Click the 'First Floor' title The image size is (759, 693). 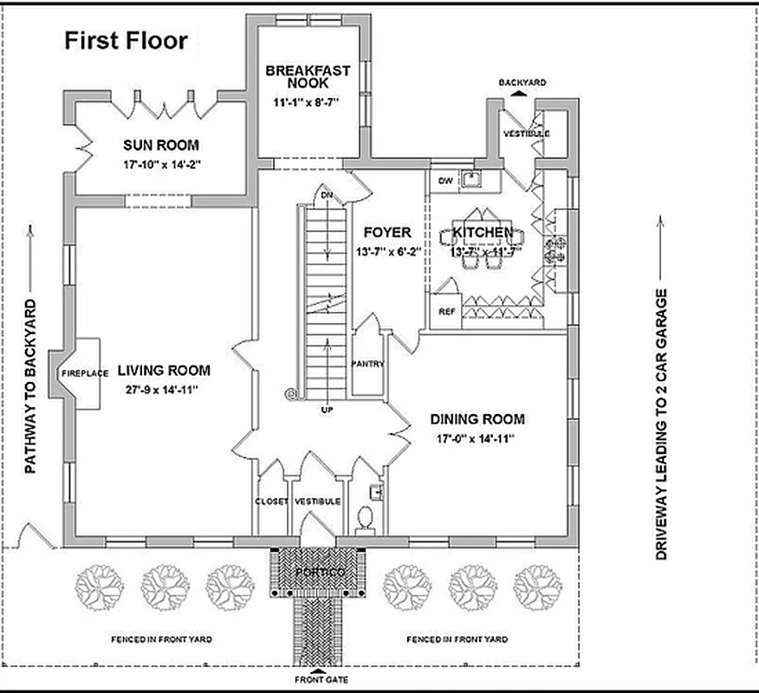pos(126,41)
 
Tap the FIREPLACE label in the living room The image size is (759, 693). pos(85,373)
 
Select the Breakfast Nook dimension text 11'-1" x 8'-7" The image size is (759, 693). pos(308,103)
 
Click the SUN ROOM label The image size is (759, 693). pos(160,145)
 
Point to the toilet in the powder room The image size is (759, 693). pos(365,518)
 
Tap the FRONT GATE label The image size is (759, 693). pos(321,680)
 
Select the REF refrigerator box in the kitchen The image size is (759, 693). pos(447,312)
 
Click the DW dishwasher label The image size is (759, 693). pos(446,180)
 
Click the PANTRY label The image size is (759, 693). pos(368,364)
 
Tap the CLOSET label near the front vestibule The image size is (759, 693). pos(271,502)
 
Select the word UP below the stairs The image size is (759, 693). pos(326,408)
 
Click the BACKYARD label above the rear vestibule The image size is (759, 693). pos(522,81)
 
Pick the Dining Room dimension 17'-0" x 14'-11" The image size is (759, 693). pos(477,438)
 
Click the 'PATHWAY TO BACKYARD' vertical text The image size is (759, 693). pos(29,386)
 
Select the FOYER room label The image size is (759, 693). pos(386,232)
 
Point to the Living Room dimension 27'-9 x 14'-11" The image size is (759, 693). pos(164,390)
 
